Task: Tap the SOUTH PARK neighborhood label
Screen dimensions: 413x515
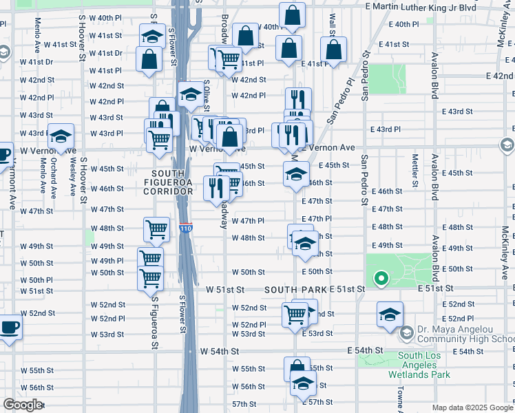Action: coord(297,290)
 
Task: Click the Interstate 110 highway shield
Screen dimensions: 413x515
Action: coord(185,228)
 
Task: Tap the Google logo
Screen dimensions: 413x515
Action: coord(23,405)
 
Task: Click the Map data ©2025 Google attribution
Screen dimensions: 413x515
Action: coord(472,407)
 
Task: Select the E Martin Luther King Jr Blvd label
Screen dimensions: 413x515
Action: coord(421,6)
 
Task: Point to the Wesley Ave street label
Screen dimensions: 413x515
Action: coord(72,178)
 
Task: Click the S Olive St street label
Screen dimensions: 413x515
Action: coord(205,96)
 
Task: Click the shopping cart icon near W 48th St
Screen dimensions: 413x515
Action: coord(156,229)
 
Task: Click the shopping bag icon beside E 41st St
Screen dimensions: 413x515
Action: coord(334,50)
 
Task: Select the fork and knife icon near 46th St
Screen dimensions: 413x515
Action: coord(216,187)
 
